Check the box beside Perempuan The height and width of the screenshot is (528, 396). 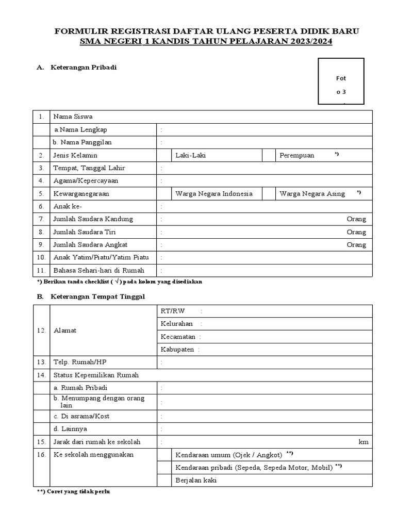pyautogui.click(x=269, y=155)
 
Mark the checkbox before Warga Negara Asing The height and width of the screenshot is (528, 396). pyautogui.click(x=269, y=194)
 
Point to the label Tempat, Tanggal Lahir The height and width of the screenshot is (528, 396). pyautogui.click(x=89, y=168)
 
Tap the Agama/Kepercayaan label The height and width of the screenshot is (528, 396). pyautogui.click(x=86, y=181)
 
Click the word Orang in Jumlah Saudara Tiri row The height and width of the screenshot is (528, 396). pyautogui.click(x=356, y=232)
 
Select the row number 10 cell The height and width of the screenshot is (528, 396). pyautogui.click(x=41, y=257)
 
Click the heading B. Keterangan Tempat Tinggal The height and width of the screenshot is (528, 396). pyautogui.click(x=91, y=296)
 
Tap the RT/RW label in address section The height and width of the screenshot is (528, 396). pyautogui.click(x=172, y=311)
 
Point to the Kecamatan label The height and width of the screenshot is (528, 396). pyautogui.click(x=178, y=337)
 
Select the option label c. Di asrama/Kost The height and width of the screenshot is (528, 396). pyautogui.click(x=81, y=416)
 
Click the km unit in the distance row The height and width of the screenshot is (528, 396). pyautogui.click(x=364, y=442)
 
